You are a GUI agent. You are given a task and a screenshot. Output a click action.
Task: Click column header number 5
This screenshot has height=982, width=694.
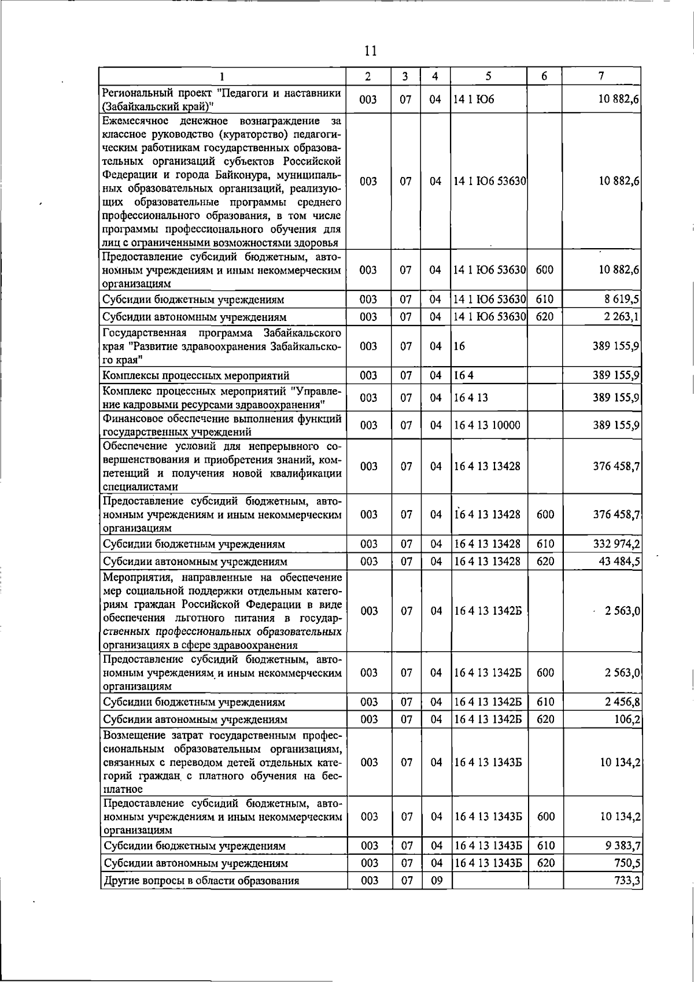pyautogui.click(x=489, y=76)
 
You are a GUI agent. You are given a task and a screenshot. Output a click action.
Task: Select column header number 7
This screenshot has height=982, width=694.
pyautogui.click(x=601, y=76)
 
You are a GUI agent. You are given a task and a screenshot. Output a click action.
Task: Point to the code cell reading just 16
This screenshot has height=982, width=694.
pyautogui.click(x=460, y=346)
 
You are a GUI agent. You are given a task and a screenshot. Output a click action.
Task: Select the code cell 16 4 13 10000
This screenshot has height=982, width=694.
pyautogui.click(x=487, y=425)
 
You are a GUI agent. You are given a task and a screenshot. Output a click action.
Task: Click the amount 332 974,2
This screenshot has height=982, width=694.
pyautogui.click(x=617, y=544)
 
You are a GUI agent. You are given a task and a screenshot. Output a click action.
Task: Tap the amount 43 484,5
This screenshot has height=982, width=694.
pyautogui.click(x=619, y=562)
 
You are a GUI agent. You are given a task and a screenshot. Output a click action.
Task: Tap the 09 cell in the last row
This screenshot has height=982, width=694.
pyautogui.click(x=436, y=881)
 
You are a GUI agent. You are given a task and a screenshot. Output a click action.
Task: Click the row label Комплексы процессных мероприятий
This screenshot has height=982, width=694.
pyautogui.click(x=195, y=376)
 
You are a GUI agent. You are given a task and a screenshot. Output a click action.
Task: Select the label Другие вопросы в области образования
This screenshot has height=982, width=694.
pyautogui.click(x=201, y=881)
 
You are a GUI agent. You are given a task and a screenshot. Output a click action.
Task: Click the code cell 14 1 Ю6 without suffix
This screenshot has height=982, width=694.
pyautogui.click(x=474, y=99)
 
